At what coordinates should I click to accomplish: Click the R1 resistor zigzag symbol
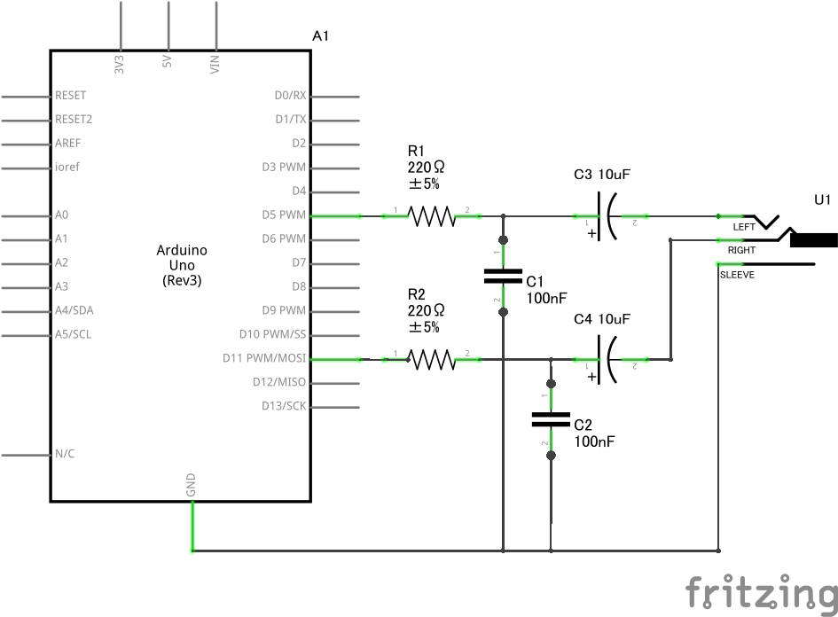tap(431, 215)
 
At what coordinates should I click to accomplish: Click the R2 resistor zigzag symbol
tap(431, 359)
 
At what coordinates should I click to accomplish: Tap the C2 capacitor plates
tap(551, 419)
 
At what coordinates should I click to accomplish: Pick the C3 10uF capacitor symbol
tap(609, 215)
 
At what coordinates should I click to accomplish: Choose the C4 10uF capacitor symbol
tap(609, 359)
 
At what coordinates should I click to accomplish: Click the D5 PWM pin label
tap(284, 215)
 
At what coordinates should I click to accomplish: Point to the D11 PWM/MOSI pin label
tap(264, 359)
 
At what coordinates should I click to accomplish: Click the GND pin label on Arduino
tap(192, 485)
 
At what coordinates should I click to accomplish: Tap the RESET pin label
tap(71, 95)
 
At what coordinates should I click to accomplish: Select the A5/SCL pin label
tap(73, 335)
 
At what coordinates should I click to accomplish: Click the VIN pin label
tap(215, 64)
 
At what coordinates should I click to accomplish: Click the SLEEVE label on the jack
tap(738, 275)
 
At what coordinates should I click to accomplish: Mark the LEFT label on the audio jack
tap(743, 228)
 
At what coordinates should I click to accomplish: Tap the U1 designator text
tap(823, 200)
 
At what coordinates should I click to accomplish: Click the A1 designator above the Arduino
tap(321, 35)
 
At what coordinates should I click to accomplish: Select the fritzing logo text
tap(761, 591)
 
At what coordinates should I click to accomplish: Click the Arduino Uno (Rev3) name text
tap(180, 265)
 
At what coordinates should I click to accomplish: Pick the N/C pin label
tap(65, 455)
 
